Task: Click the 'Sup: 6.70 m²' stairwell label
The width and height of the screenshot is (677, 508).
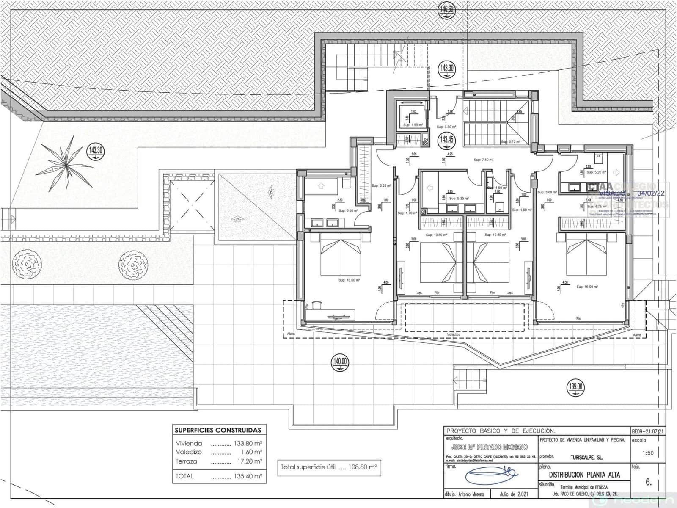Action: [x=510, y=142]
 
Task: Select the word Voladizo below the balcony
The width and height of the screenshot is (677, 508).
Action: [x=453, y=334]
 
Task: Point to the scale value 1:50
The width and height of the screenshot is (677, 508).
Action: [x=648, y=453]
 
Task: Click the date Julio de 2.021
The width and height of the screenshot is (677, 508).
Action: [x=514, y=494]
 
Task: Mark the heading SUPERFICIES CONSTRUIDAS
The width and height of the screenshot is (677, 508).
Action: [x=218, y=430]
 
